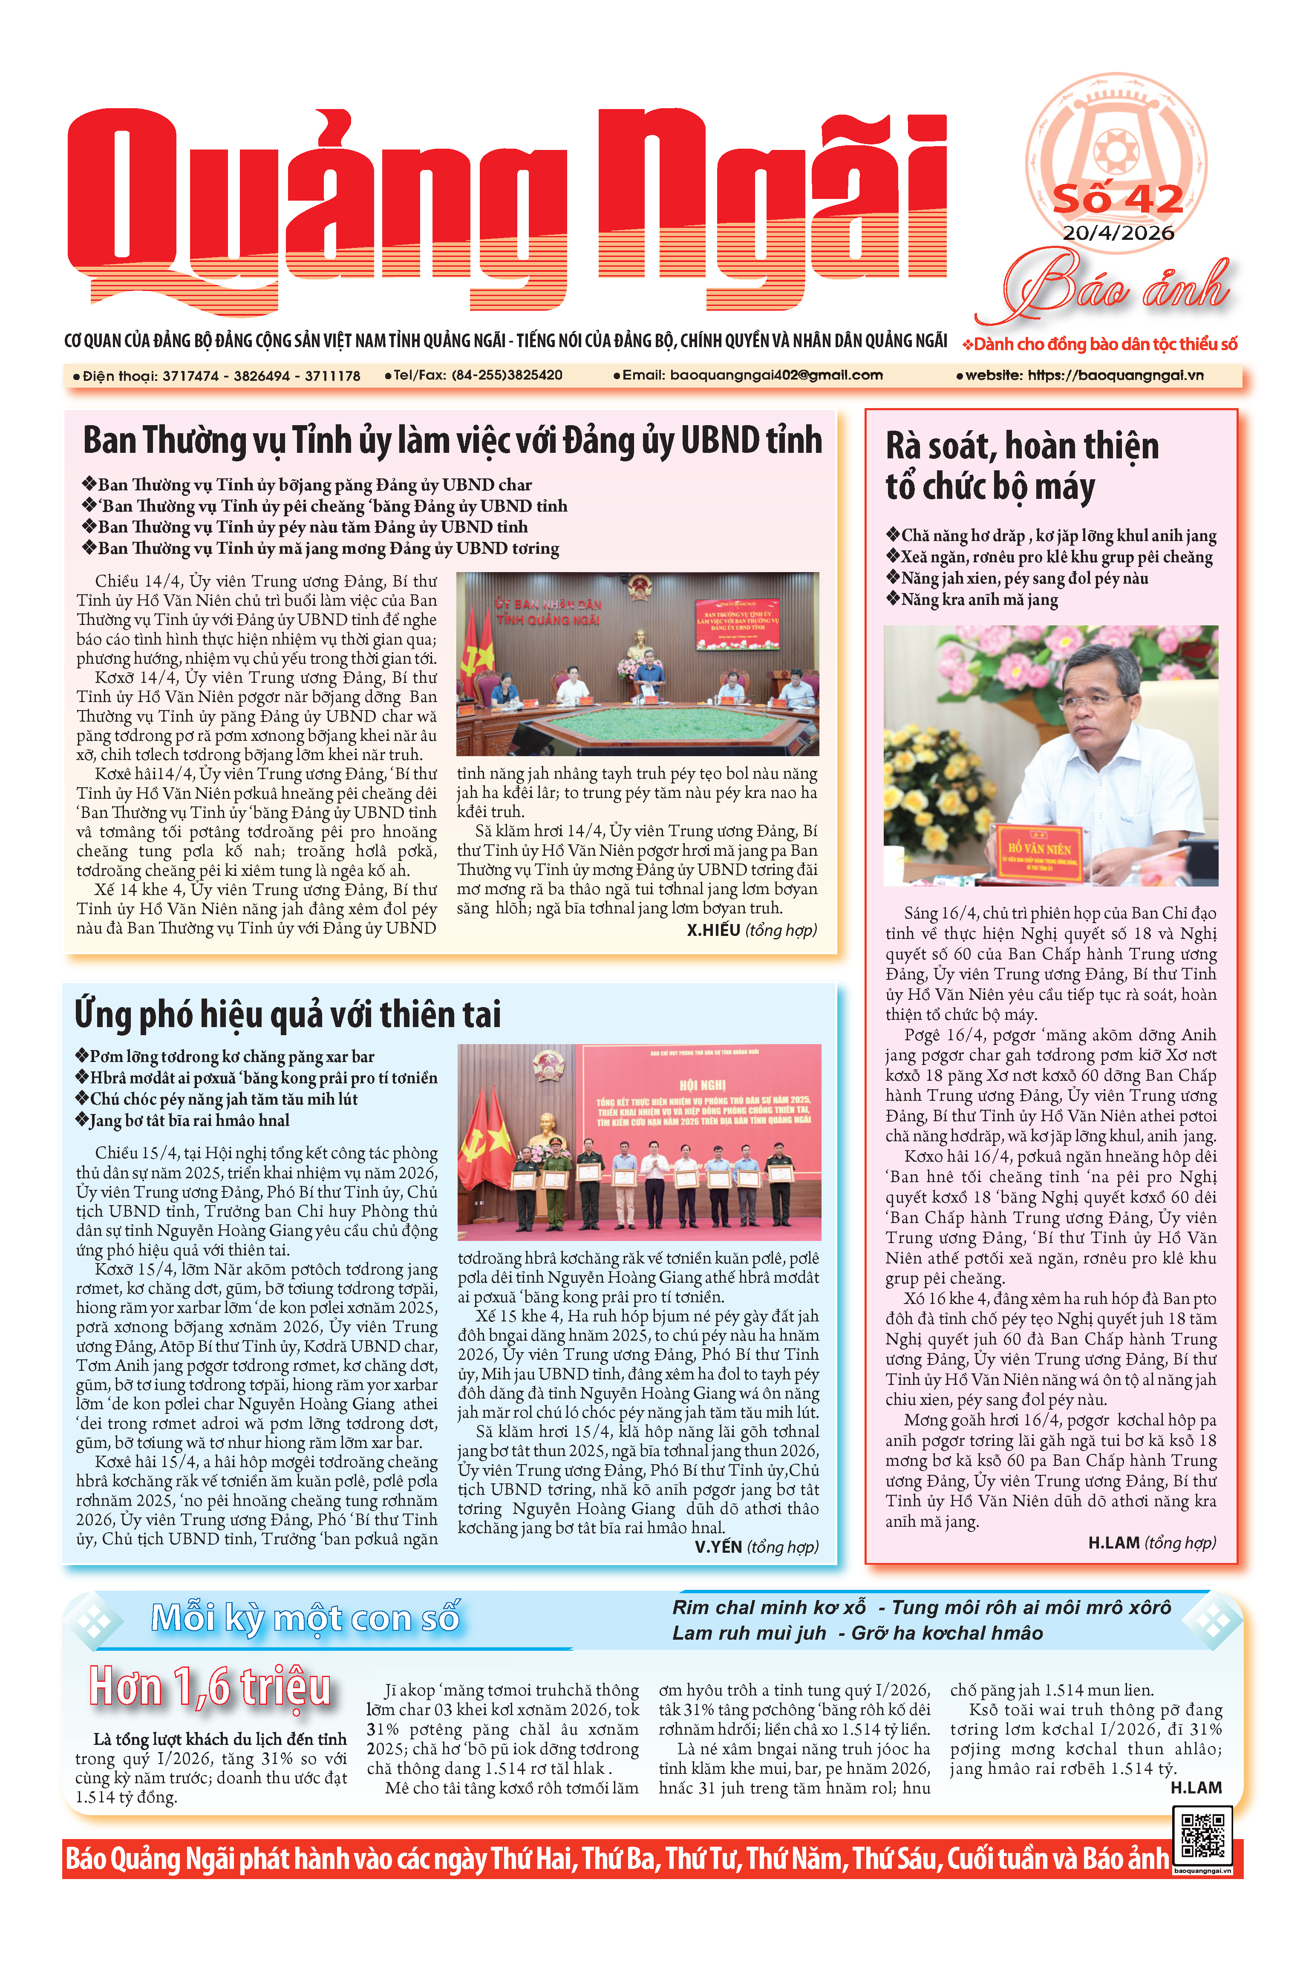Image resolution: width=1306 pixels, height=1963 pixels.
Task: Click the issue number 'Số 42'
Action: (1118, 199)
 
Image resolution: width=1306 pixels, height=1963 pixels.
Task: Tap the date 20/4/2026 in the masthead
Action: (1118, 232)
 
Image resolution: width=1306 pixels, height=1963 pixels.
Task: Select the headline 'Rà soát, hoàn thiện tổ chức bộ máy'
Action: (1021, 466)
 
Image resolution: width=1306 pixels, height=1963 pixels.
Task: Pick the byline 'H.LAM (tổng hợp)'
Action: (1151, 1543)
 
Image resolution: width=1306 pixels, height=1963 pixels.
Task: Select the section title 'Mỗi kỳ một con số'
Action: (305, 1618)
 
